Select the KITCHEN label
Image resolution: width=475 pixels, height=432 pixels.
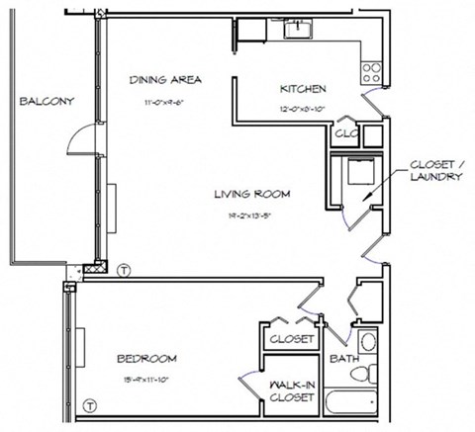coord(302,88)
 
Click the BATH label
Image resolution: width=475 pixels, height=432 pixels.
coord(344,359)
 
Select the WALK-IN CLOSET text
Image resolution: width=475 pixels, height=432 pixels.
coord(292,391)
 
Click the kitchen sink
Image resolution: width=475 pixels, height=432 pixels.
coord(298,28)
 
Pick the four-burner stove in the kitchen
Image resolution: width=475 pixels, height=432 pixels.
coord(373,70)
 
